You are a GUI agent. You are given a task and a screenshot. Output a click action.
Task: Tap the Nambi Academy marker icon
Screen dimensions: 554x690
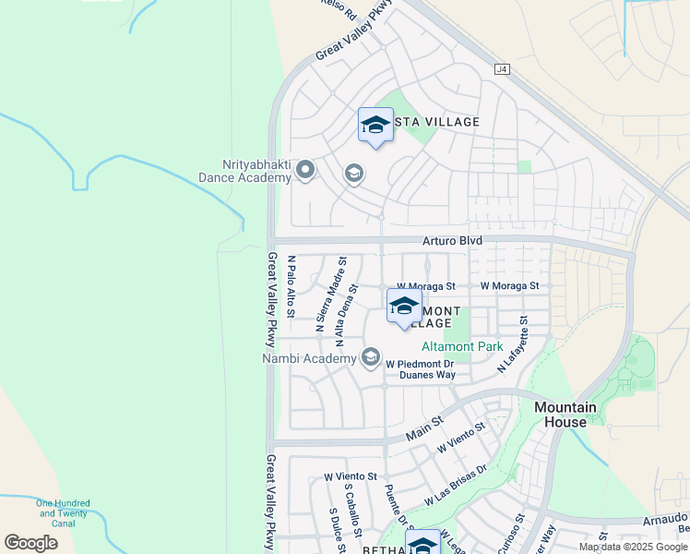click(371, 356)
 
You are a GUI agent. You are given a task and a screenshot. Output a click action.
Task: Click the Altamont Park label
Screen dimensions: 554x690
click(462, 347)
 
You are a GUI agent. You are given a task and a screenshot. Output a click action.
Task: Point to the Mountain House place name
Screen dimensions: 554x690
click(564, 415)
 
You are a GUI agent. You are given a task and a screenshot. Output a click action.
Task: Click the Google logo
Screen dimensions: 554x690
click(30, 543)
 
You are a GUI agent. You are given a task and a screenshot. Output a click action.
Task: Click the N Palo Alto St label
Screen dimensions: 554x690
click(291, 286)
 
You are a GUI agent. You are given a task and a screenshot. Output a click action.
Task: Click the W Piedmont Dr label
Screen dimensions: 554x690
click(421, 363)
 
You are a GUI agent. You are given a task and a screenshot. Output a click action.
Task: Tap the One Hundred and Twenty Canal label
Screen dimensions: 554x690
click(64, 513)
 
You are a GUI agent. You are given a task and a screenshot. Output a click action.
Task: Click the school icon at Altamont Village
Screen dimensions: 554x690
click(404, 307)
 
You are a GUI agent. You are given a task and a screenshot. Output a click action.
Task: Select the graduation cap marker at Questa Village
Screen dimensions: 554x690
click(375, 126)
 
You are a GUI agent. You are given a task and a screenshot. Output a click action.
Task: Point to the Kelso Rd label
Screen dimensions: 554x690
click(339, 9)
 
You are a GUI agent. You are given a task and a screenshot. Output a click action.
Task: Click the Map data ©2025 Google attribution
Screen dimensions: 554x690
click(633, 547)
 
